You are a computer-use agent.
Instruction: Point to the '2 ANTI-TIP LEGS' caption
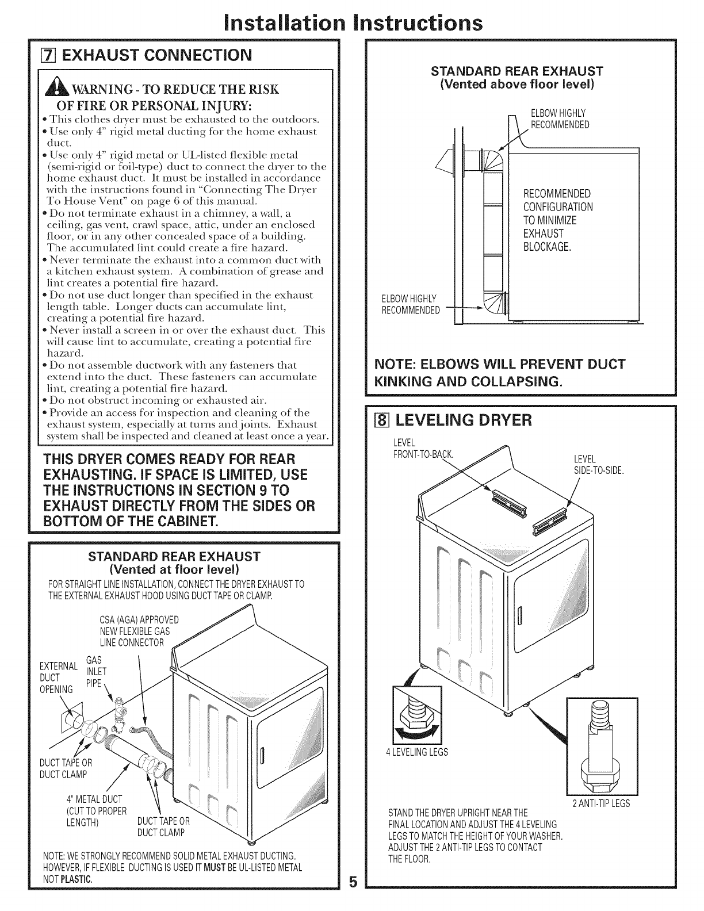tap(601, 803)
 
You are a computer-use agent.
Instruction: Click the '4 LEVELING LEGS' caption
tap(416, 752)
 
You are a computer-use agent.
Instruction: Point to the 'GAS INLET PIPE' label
tap(95, 671)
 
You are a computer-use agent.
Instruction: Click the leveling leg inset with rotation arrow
tap(416, 714)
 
